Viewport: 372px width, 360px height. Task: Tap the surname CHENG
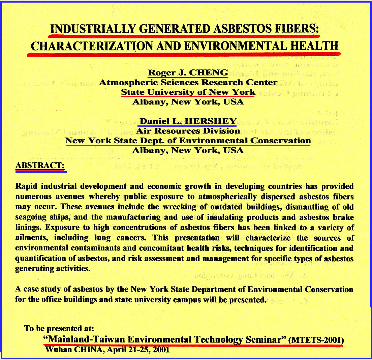click(x=209, y=72)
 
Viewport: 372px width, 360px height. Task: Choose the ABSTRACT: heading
click(x=40, y=166)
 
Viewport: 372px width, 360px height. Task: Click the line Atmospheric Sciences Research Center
click(x=188, y=82)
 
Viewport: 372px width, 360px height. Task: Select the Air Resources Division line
click(x=188, y=131)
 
